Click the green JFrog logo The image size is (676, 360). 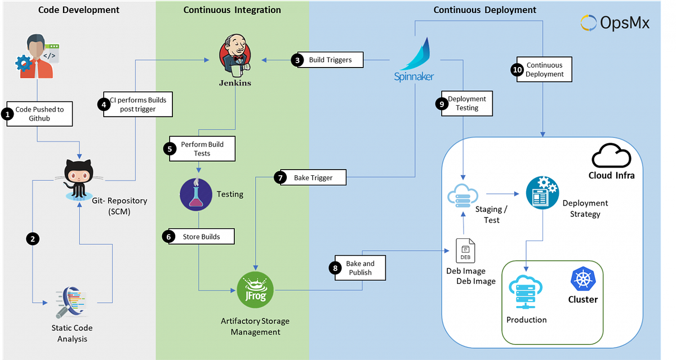[255, 290]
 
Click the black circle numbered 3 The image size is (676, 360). [299, 60]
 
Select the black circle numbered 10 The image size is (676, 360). [517, 70]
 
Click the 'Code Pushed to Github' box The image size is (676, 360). [40, 114]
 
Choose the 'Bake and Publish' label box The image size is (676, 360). [360, 268]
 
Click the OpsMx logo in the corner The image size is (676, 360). [615, 24]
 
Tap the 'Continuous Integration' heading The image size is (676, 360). [232, 10]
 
